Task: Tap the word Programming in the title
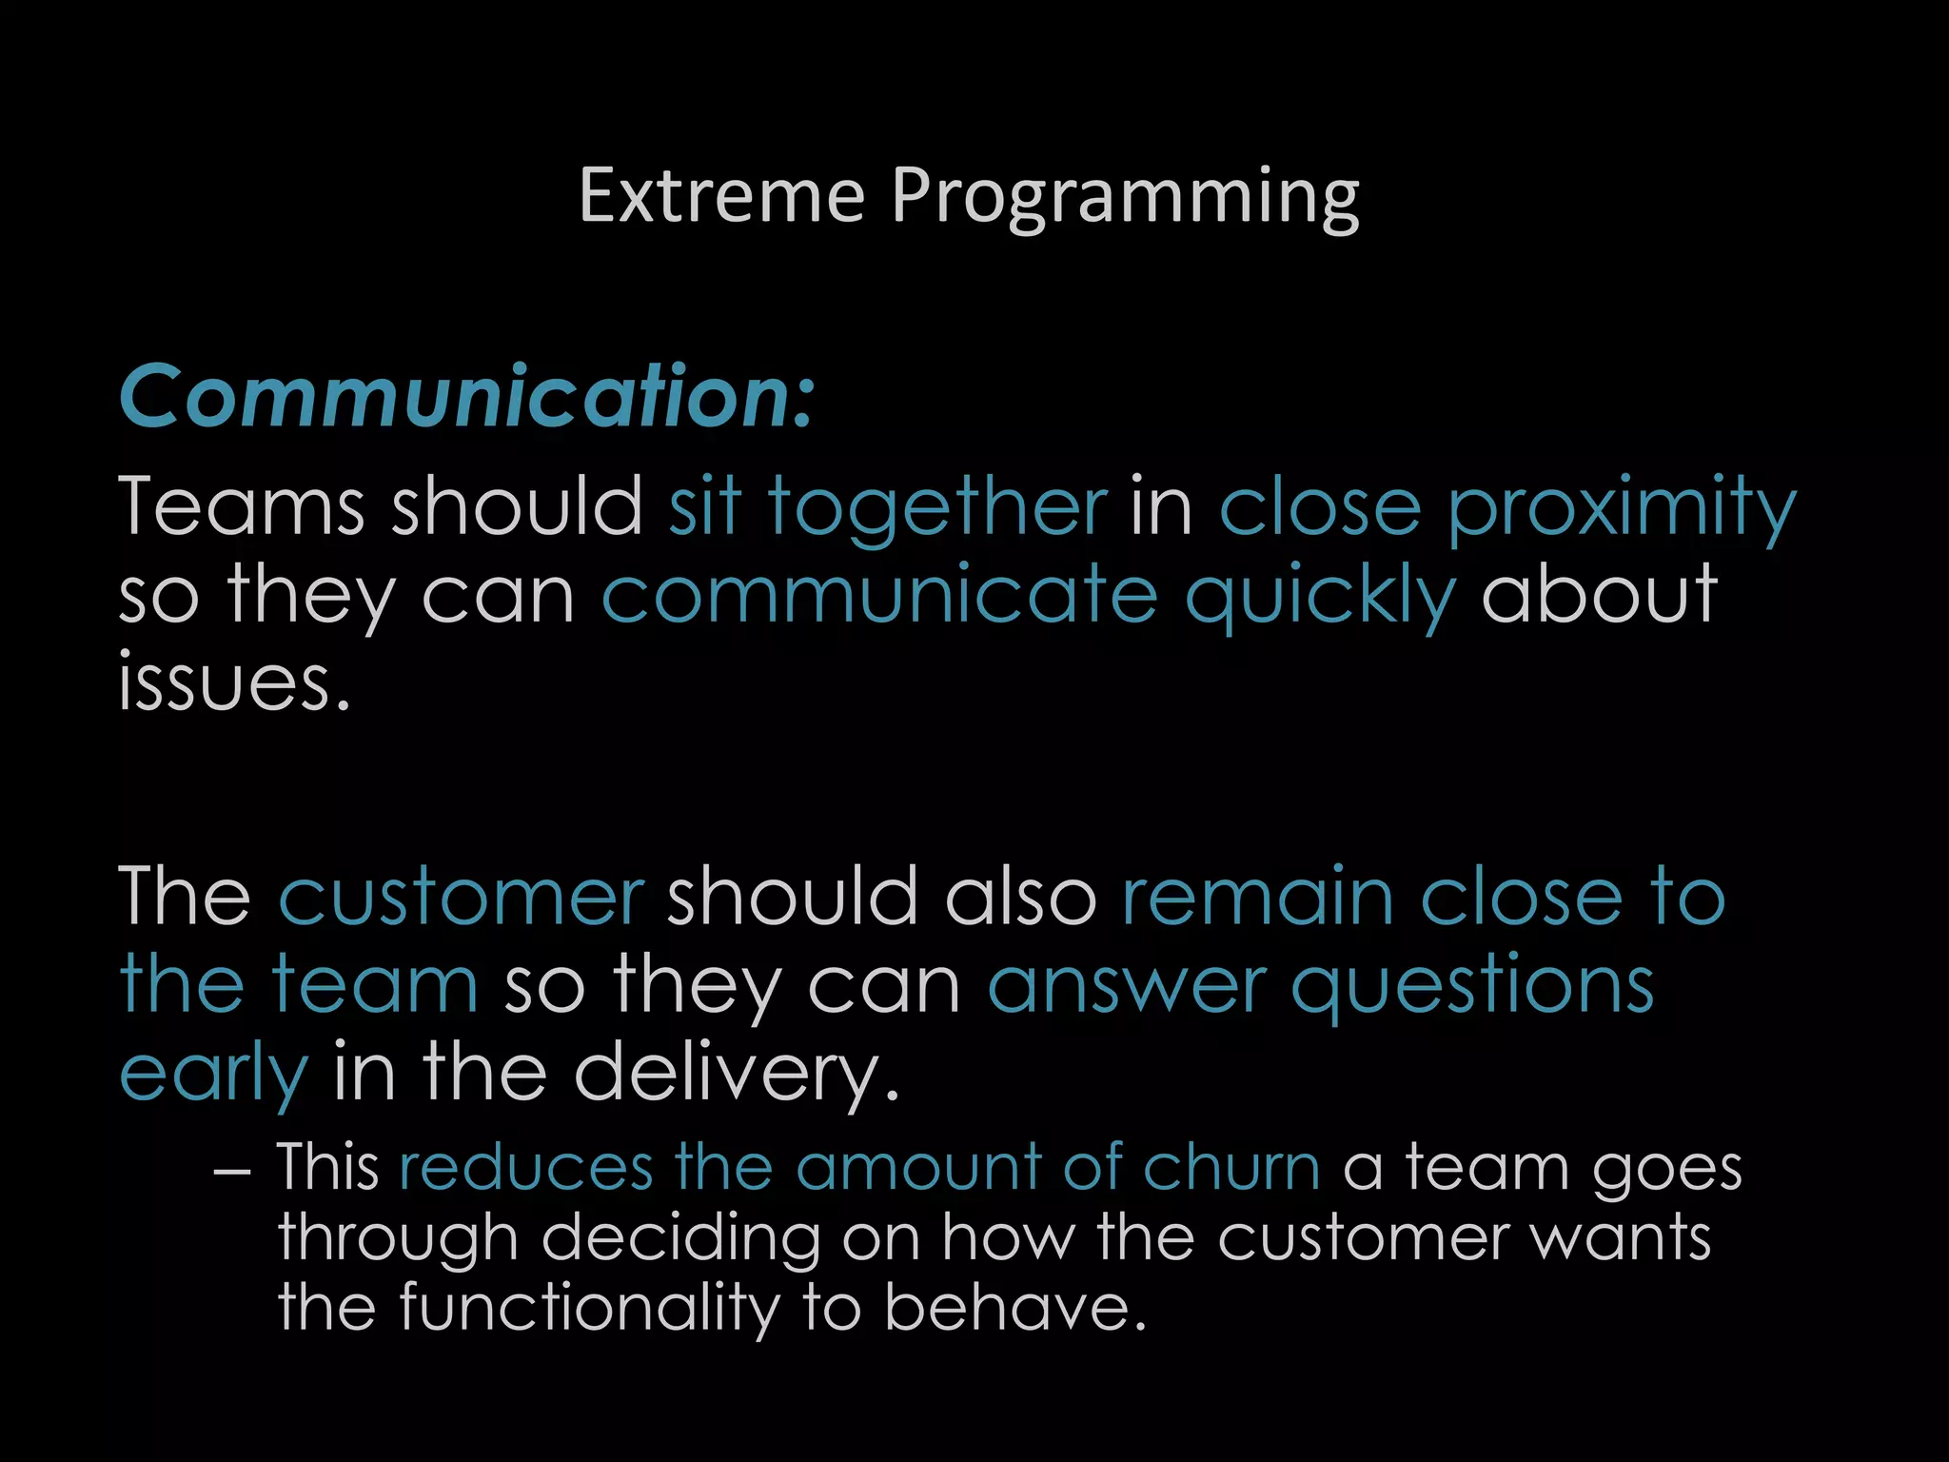coord(1125,198)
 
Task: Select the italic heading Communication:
coord(466,396)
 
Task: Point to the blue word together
coord(937,508)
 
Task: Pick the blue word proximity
coord(1621,510)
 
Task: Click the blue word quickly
coord(1320,596)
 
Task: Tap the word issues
coord(234,682)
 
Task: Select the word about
coord(1599,594)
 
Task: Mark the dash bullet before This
coord(232,1171)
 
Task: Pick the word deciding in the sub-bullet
coord(680,1239)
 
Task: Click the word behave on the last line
coord(1014,1308)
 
